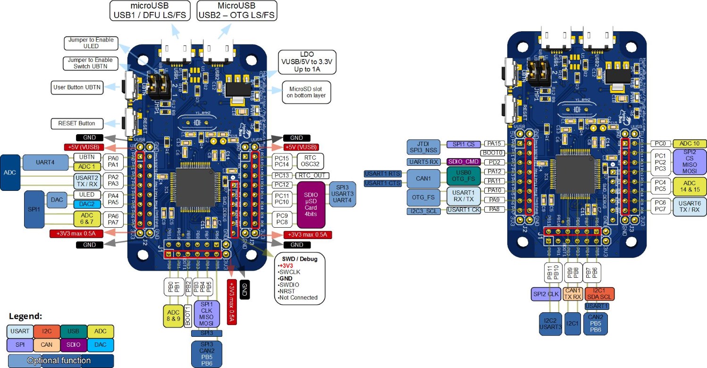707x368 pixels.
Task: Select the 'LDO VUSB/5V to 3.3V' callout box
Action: tap(307, 62)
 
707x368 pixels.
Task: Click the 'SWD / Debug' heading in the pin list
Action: tap(300, 259)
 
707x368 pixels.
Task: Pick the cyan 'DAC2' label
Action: tap(87, 204)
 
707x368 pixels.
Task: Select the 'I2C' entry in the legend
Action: tap(46, 332)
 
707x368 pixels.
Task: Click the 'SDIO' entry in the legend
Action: tap(73, 345)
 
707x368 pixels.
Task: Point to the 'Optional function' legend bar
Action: tap(59, 360)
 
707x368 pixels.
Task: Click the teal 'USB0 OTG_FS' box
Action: tap(463, 176)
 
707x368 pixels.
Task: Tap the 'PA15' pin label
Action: tap(496, 143)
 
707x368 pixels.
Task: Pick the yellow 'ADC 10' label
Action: tap(690, 143)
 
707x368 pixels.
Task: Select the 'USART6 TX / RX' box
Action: tap(690, 206)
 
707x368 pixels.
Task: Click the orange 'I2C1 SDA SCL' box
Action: tap(599, 293)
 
